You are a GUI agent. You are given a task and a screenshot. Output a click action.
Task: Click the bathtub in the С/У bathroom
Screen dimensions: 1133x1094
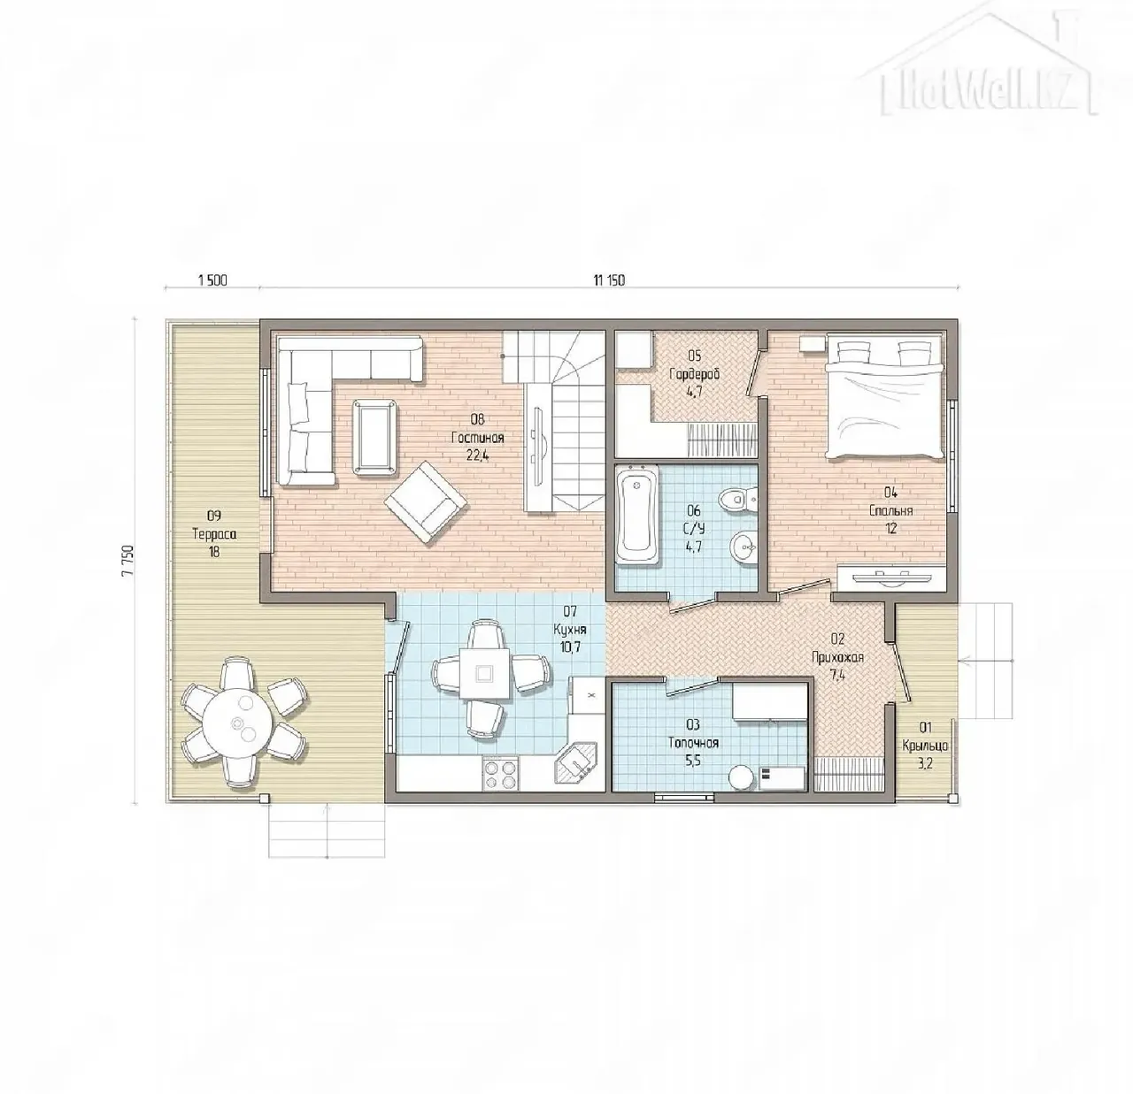pos(637,514)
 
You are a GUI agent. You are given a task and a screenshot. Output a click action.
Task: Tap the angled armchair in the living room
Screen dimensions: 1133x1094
pos(426,503)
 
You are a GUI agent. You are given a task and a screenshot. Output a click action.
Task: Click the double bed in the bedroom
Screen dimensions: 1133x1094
pos(884,394)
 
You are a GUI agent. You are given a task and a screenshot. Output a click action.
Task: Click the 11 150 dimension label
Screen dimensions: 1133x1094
pos(609,280)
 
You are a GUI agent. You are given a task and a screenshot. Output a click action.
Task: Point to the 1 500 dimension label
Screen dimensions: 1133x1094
pos(212,280)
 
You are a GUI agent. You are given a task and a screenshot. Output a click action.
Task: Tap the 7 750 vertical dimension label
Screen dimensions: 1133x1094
pos(128,561)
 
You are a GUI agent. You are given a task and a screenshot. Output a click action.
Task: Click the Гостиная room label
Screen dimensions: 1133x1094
pos(478,438)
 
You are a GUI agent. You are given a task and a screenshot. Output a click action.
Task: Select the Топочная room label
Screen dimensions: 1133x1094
pos(693,743)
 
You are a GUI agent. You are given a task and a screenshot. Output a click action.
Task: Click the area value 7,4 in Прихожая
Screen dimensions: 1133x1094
pos(837,676)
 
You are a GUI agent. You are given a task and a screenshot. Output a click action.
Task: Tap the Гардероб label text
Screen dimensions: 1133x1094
pos(695,374)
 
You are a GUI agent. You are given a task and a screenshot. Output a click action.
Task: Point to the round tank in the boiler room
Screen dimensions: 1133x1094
pos(742,777)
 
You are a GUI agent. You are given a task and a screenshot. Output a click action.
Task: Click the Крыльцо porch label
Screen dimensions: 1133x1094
pos(925,745)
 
